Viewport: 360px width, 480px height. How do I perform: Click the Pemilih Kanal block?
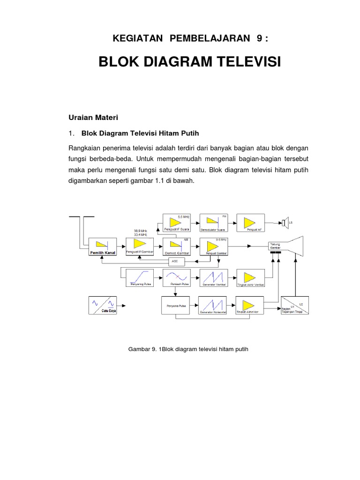[x=103, y=247]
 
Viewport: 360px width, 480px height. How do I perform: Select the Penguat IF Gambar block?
[x=140, y=247]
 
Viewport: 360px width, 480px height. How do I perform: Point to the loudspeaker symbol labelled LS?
[x=285, y=223]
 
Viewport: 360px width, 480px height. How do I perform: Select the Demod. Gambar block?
[x=177, y=247]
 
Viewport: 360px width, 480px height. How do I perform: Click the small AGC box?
[x=175, y=261]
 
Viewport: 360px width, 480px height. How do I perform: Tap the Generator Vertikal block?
[x=213, y=278]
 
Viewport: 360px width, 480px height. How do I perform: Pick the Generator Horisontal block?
[x=213, y=306]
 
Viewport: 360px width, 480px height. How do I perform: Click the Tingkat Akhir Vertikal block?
[x=250, y=278]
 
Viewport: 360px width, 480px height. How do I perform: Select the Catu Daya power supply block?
[x=103, y=306]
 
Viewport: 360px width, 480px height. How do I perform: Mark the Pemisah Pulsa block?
[x=177, y=278]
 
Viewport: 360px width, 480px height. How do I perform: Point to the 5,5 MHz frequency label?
[x=183, y=217]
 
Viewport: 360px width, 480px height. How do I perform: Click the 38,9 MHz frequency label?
[x=140, y=231]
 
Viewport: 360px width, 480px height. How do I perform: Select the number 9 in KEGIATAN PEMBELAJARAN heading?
[x=259, y=38]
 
